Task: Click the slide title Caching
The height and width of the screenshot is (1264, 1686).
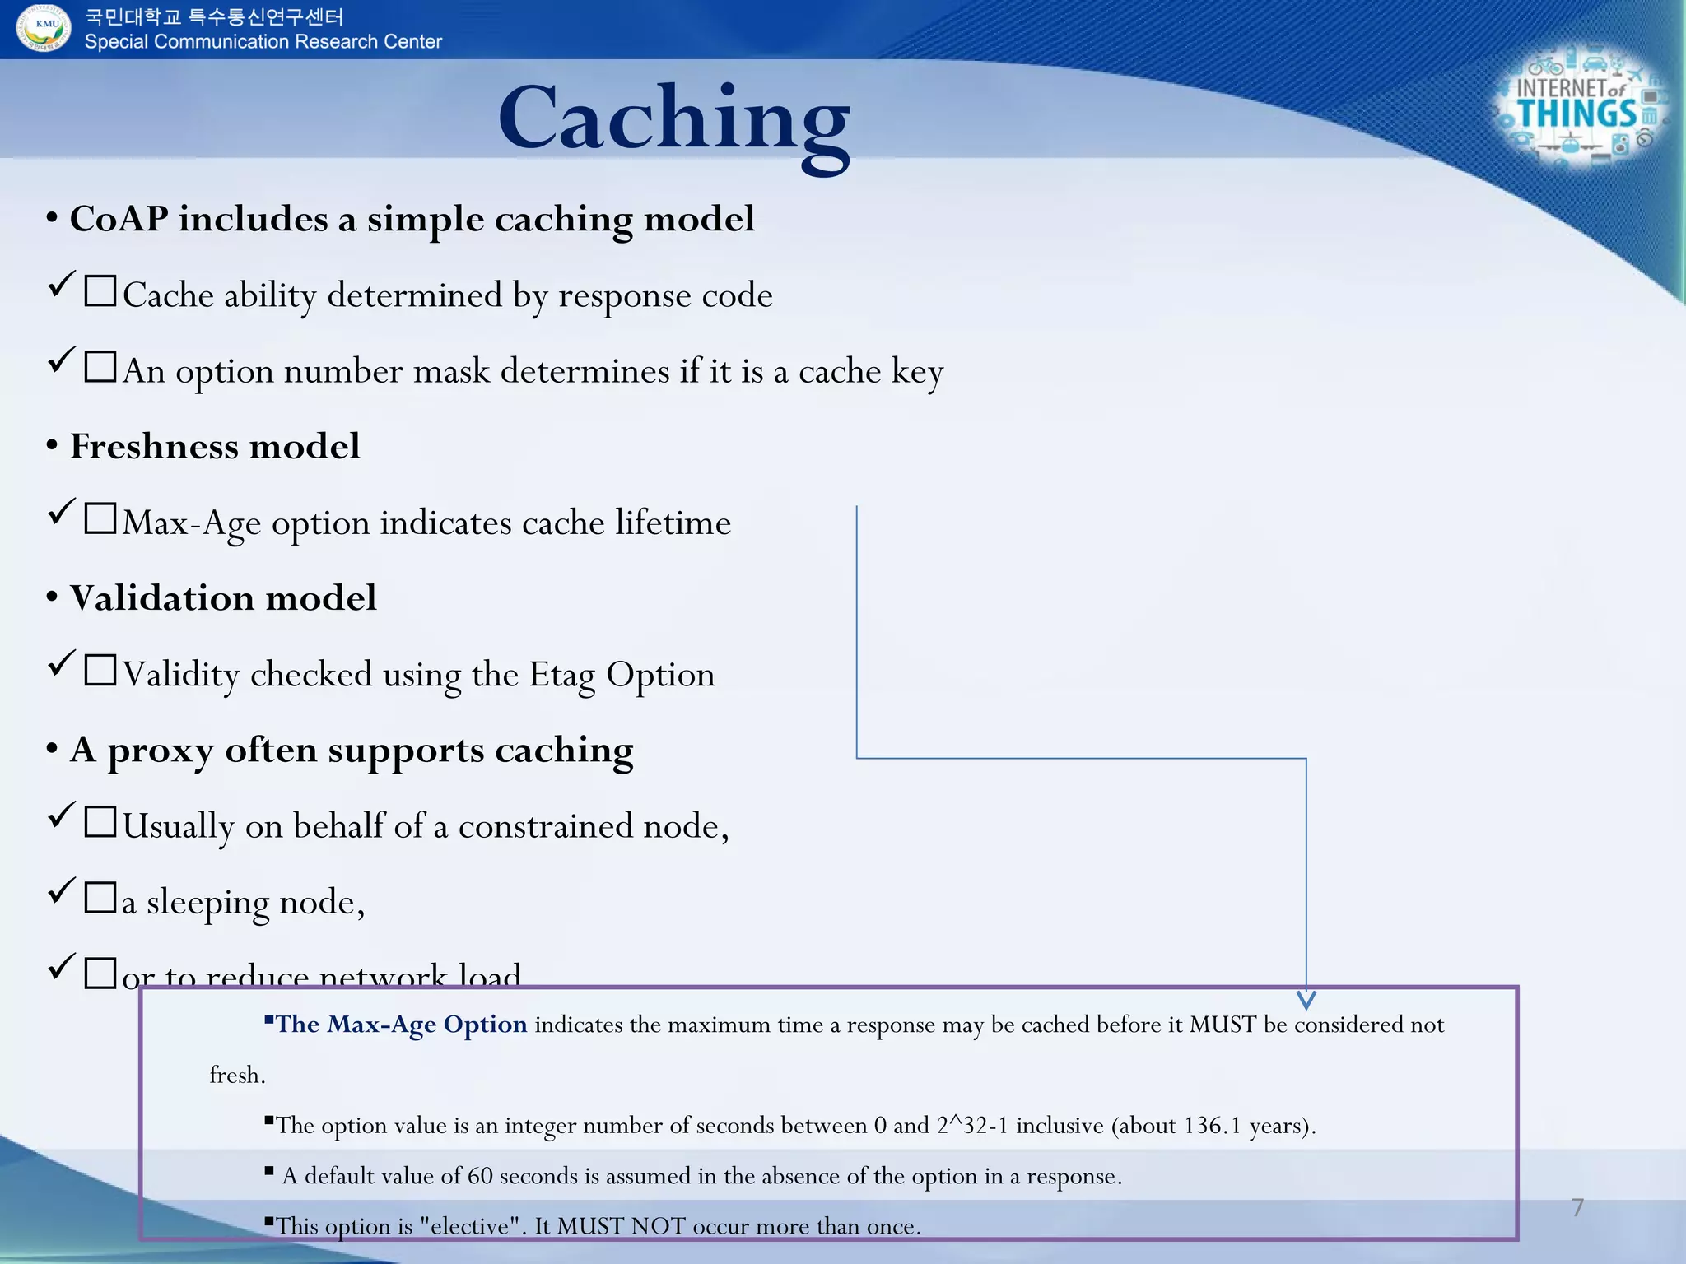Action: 673,120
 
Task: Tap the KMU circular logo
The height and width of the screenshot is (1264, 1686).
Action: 43,27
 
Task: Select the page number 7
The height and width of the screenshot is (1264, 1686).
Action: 1577,1207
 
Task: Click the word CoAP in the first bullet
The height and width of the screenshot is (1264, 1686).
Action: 119,220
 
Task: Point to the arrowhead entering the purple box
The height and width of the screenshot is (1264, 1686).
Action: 1306,999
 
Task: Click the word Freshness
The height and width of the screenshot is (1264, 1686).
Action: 154,447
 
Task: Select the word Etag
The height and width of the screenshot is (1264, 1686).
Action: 561,676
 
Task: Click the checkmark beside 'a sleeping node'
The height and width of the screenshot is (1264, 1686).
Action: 62,891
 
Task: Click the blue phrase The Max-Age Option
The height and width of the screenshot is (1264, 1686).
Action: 401,1025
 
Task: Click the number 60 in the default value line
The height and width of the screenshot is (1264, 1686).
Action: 480,1176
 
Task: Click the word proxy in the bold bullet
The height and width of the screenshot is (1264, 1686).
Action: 160,751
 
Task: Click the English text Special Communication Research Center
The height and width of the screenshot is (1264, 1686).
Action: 263,42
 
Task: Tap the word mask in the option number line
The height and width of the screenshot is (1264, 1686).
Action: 451,372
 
